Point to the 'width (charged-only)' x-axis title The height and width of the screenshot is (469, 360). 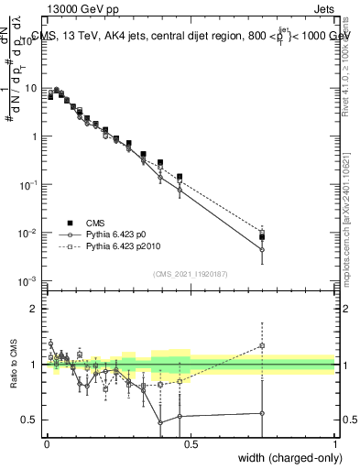[285, 457]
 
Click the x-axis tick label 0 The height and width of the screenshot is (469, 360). [47, 443]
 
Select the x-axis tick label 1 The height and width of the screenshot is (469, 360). [335, 443]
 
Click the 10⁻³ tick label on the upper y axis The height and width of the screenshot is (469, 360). [30, 281]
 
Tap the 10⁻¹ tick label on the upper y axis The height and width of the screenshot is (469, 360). [30, 185]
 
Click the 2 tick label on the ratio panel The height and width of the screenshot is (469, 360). [38, 309]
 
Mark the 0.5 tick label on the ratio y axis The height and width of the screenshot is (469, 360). [33, 420]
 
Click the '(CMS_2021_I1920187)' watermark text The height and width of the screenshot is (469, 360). [191, 274]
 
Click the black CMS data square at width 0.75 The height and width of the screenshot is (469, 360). [263, 237]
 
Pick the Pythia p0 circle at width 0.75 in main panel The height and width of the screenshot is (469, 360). [263, 249]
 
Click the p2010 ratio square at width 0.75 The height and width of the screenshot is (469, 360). [263, 346]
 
